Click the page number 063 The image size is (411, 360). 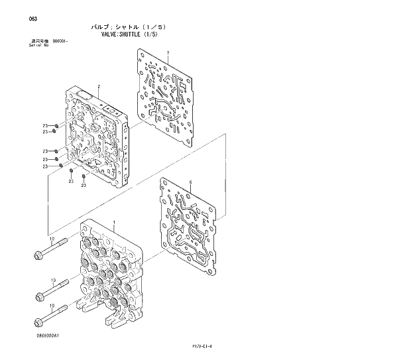pos(14,19)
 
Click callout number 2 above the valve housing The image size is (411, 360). pos(99,87)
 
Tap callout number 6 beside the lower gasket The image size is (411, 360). pos(190,182)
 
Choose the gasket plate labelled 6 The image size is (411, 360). pos(190,225)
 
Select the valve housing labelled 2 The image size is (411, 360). pos(99,136)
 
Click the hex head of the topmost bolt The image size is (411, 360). pos(37,253)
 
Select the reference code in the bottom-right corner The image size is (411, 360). pos(208,345)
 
